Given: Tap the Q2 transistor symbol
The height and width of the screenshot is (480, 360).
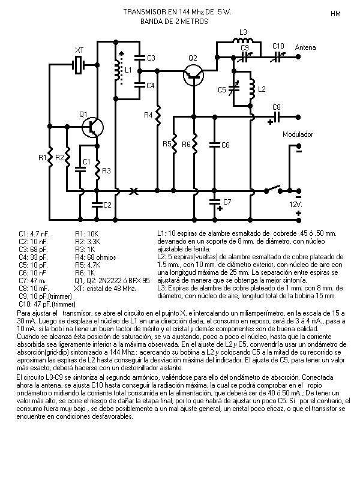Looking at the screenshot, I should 194,74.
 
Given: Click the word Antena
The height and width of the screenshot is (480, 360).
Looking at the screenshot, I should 305,47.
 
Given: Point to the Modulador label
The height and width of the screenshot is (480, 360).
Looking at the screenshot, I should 298,135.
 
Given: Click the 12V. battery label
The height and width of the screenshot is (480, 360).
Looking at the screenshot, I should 295,204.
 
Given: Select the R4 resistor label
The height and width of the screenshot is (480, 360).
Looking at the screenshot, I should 148,115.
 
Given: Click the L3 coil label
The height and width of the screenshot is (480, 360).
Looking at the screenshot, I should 243,32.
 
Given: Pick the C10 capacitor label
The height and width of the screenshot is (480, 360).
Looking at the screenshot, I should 278,46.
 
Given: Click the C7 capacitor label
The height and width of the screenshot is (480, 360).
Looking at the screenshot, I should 227,201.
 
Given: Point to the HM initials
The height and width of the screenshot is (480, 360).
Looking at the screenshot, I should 335,13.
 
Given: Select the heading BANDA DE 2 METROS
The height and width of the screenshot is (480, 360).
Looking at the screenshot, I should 174,22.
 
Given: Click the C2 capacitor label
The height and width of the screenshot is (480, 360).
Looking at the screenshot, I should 107,205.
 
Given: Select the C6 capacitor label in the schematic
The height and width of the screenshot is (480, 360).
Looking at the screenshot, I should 226,145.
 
